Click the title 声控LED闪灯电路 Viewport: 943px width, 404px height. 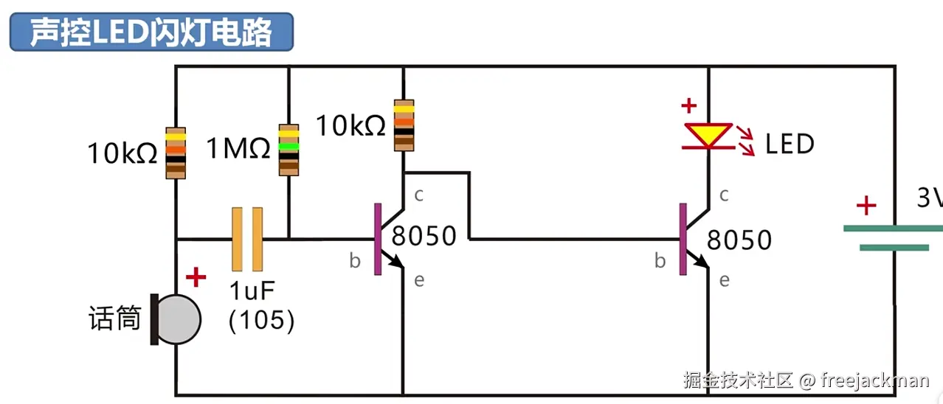pos(151,32)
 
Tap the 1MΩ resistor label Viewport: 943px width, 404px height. pos(238,148)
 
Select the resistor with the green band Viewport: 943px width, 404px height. pos(289,150)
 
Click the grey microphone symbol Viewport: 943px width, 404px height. pos(176,319)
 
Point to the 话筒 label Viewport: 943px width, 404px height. pos(115,318)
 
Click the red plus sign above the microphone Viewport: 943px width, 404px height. pos(196,277)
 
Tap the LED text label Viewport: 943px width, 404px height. pos(790,144)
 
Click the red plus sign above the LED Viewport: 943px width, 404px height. pos(689,105)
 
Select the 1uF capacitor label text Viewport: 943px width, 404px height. pos(252,290)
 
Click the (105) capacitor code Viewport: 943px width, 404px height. pos(261,321)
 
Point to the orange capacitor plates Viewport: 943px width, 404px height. pos(247,239)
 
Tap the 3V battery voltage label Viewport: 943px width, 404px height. pos(930,197)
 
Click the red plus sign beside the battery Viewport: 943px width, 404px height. pos(866,206)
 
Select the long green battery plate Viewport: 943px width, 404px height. pos(893,229)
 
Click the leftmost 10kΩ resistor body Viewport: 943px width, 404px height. pos(176,153)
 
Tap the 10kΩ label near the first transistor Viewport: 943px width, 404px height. pos(350,126)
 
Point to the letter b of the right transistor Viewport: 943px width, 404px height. pos(660,261)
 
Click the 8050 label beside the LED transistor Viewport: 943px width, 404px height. pos(739,240)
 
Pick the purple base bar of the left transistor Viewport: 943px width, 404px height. pos(378,239)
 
